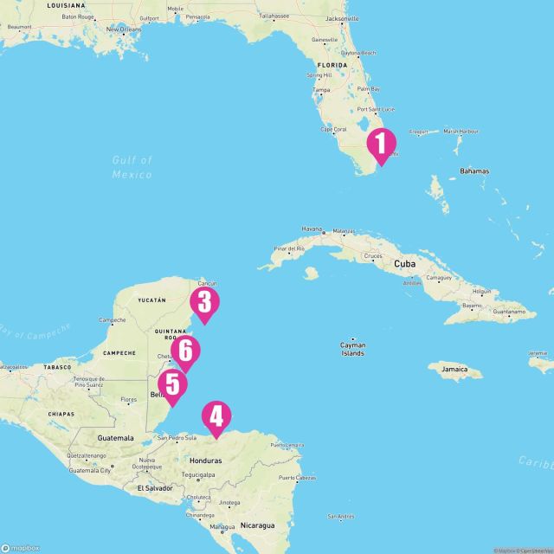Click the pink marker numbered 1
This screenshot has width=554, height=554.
click(x=381, y=143)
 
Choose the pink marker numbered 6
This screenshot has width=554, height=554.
click(x=185, y=351)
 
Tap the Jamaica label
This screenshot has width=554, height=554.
click(x=461, y=370)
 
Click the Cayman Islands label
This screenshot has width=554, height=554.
click(x=352, y=349)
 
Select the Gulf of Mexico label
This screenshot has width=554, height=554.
click(x=132, y=167)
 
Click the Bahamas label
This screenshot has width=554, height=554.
click(x=473, y=171)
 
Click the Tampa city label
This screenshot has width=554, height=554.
click(x=322, y=90)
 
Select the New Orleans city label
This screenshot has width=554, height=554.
click(x=122, y=29)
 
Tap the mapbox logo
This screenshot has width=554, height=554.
click(x=19, y=548)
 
